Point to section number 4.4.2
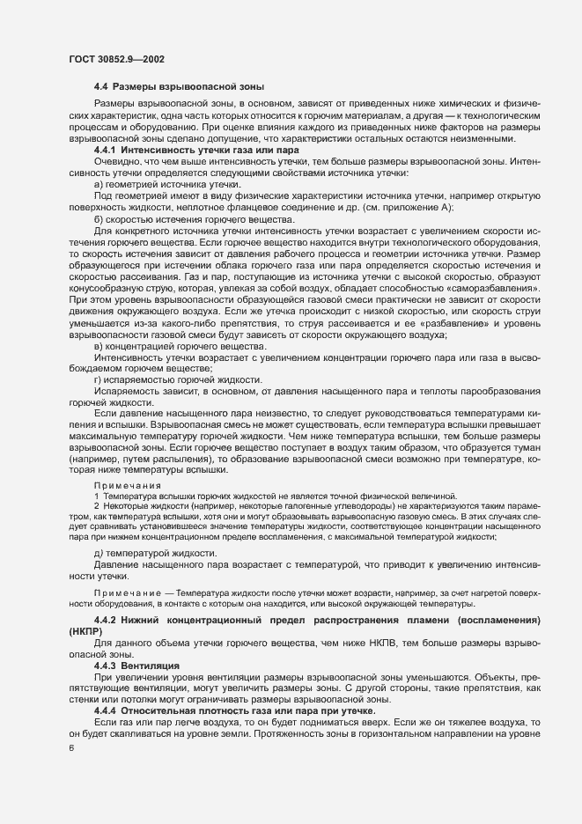click(110, 621)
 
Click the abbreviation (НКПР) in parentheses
click(85, 632)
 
